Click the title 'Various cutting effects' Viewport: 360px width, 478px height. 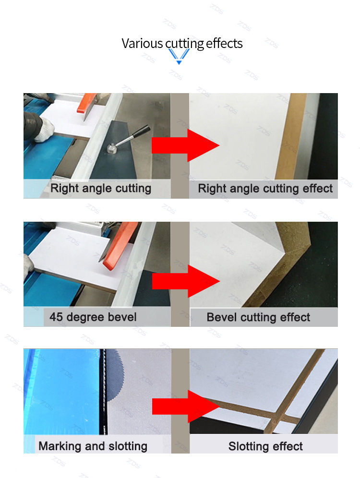[182, 43]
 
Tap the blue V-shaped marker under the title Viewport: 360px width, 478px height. [179, 57]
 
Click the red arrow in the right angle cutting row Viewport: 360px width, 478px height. [185, 145]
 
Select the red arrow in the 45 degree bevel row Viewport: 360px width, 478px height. [186, 281]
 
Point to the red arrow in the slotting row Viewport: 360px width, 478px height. [186, 406]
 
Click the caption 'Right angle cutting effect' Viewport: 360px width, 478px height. [265, 189]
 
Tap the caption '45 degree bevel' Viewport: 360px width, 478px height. [93, 317]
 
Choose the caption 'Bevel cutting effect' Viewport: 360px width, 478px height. [258, 317]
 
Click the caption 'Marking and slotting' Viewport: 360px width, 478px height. [93, 446]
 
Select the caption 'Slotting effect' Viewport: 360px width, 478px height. [265, 446]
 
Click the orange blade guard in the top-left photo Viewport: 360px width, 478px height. [86, 103]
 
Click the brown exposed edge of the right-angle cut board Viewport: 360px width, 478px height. [291, 136]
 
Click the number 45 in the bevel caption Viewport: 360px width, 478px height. [56, 317]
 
